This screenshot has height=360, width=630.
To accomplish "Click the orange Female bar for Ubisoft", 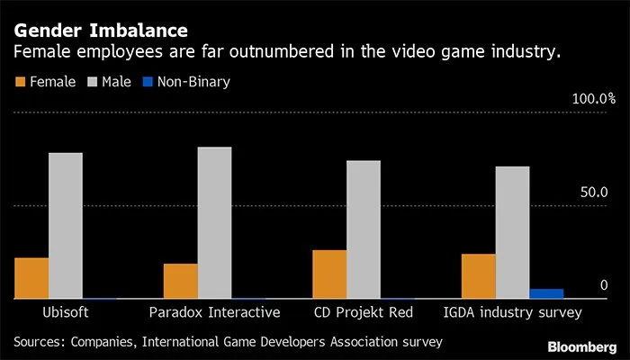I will coord(31,278).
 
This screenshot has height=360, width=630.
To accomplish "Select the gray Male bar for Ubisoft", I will coord(66,225).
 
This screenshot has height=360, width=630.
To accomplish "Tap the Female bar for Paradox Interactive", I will coord(180,281).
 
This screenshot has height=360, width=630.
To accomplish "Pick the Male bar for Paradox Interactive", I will coord(214,222).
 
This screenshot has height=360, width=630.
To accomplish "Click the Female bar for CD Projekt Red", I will coord(329,274).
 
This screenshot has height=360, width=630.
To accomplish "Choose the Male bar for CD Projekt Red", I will coord(364,229).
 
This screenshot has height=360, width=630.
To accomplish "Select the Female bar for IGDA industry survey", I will coord(479,276).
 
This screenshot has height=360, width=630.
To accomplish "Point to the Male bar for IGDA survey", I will coord(512,232).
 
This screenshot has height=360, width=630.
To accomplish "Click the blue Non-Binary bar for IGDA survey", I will coord(546,293).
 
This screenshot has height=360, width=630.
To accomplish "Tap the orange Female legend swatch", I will coord(19,82).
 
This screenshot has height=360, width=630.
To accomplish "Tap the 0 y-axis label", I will coord(605,285).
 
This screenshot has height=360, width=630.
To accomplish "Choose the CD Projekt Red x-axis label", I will coord(364,313).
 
